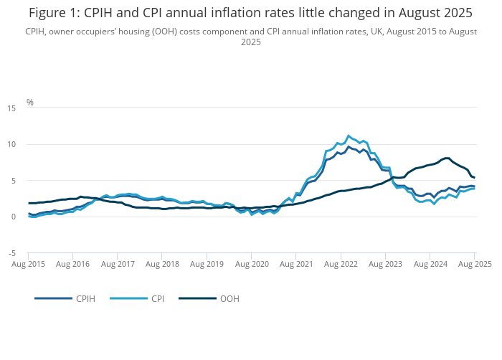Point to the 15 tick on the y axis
(x=11, y=108)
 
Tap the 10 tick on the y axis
(x=11, y=145)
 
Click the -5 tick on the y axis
(x=11, y=254)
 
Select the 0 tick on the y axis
(x=14, y=217)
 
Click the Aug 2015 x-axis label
(x=28, y=265)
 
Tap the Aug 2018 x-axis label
(x=162, y=265)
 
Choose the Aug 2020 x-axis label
(x=251, y=265)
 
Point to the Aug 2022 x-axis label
(x=341, y=265)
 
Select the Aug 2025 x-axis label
(x=474, y=265)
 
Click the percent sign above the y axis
(x=30, y=103)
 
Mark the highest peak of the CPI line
(x=349, y=135)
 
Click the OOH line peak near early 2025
(x=447, y=158)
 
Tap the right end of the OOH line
(x=475, y=178)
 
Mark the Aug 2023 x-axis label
(x=385, y=265)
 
